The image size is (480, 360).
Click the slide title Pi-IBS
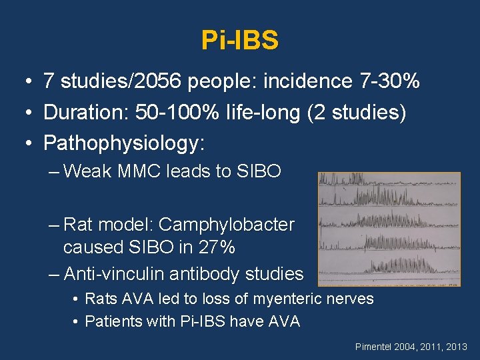[240, 41]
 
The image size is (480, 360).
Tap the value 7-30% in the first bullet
[389, 81]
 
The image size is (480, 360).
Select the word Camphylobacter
[227, 225]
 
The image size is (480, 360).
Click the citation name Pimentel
[376, 347]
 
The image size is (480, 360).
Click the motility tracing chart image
[389, 229]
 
